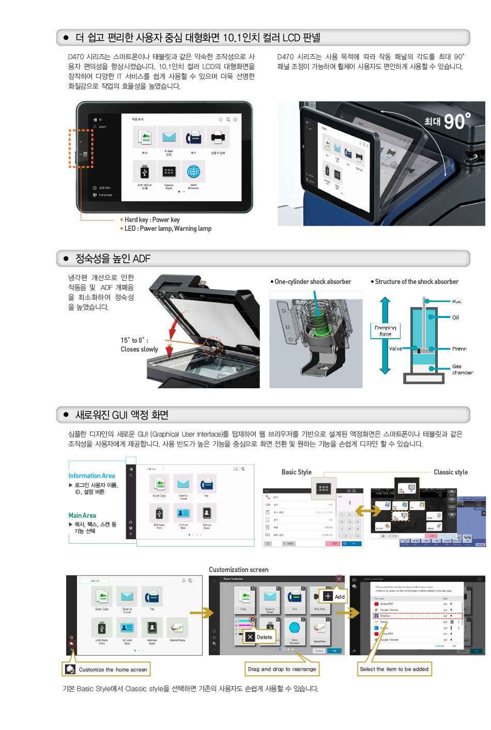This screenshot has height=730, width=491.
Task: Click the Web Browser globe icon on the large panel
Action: point(193,172)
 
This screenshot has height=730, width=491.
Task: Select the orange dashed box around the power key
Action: point(81,148)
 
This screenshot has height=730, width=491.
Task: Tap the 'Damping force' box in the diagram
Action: point(385,331)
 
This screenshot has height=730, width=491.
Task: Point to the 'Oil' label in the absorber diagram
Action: point(455,318)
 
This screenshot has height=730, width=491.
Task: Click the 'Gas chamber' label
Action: point(462,370)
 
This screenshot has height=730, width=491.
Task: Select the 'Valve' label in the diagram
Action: point(395,348)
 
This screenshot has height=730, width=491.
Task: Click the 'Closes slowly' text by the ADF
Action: point(140,350)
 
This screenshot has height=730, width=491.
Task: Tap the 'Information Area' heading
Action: point(91,475)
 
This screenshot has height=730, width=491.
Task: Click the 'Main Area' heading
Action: point(82,515)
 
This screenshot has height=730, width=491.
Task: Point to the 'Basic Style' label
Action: point(296,472)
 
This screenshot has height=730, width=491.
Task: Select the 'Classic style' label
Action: point(450,472)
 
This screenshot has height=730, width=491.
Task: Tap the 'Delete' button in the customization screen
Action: point(259,637)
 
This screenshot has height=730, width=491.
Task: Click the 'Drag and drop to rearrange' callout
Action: point(282,669)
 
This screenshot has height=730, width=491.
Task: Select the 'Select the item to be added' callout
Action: point(394,669)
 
